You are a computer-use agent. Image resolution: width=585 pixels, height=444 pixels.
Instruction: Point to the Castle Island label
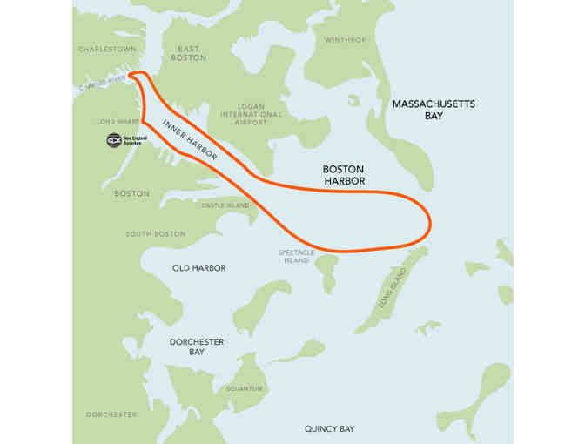(x=225, y=205)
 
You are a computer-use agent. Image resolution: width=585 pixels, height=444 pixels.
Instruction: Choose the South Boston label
(x=155, y=234)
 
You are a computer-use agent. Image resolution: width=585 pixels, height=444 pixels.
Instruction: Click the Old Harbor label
(x=198, y=268)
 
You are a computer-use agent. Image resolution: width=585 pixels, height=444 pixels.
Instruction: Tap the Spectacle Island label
(x=295, y=256)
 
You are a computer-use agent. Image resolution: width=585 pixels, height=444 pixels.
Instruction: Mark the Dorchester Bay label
(x=185, y=346)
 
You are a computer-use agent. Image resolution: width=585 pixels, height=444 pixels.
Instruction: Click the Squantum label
(x=243, y=388)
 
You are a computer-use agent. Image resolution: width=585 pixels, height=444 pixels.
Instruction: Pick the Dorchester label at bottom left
(x=111, y=414)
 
